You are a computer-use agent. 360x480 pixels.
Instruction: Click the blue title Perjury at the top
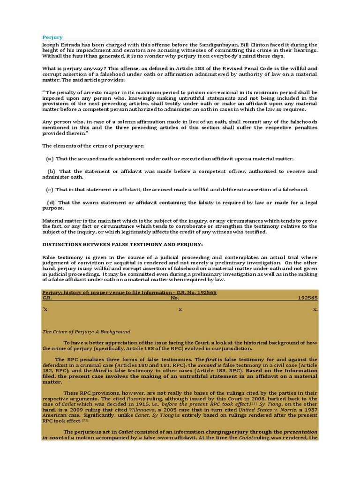coord(52,37)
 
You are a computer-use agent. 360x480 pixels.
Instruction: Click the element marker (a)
coord(49,158)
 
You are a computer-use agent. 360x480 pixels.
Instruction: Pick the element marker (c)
coord(49,189)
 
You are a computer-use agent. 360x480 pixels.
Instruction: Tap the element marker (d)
coord(51,202)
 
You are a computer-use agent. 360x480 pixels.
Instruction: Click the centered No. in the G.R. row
coord(175,298)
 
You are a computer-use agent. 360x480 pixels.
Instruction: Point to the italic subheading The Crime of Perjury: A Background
coord(86,331)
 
